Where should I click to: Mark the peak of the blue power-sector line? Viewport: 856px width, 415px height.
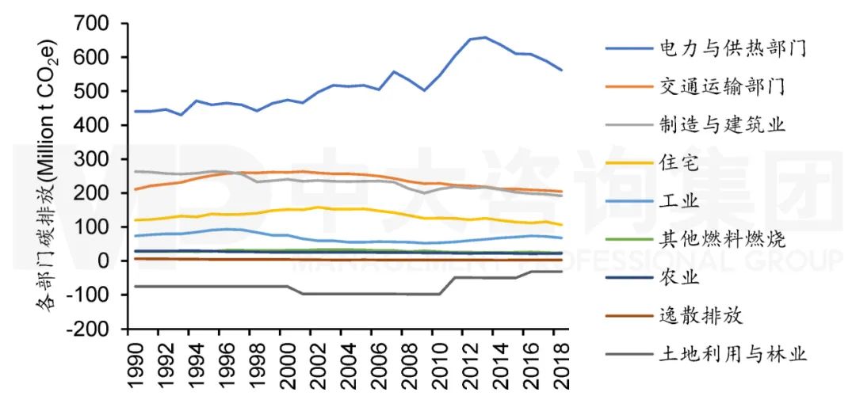coord(485,37)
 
